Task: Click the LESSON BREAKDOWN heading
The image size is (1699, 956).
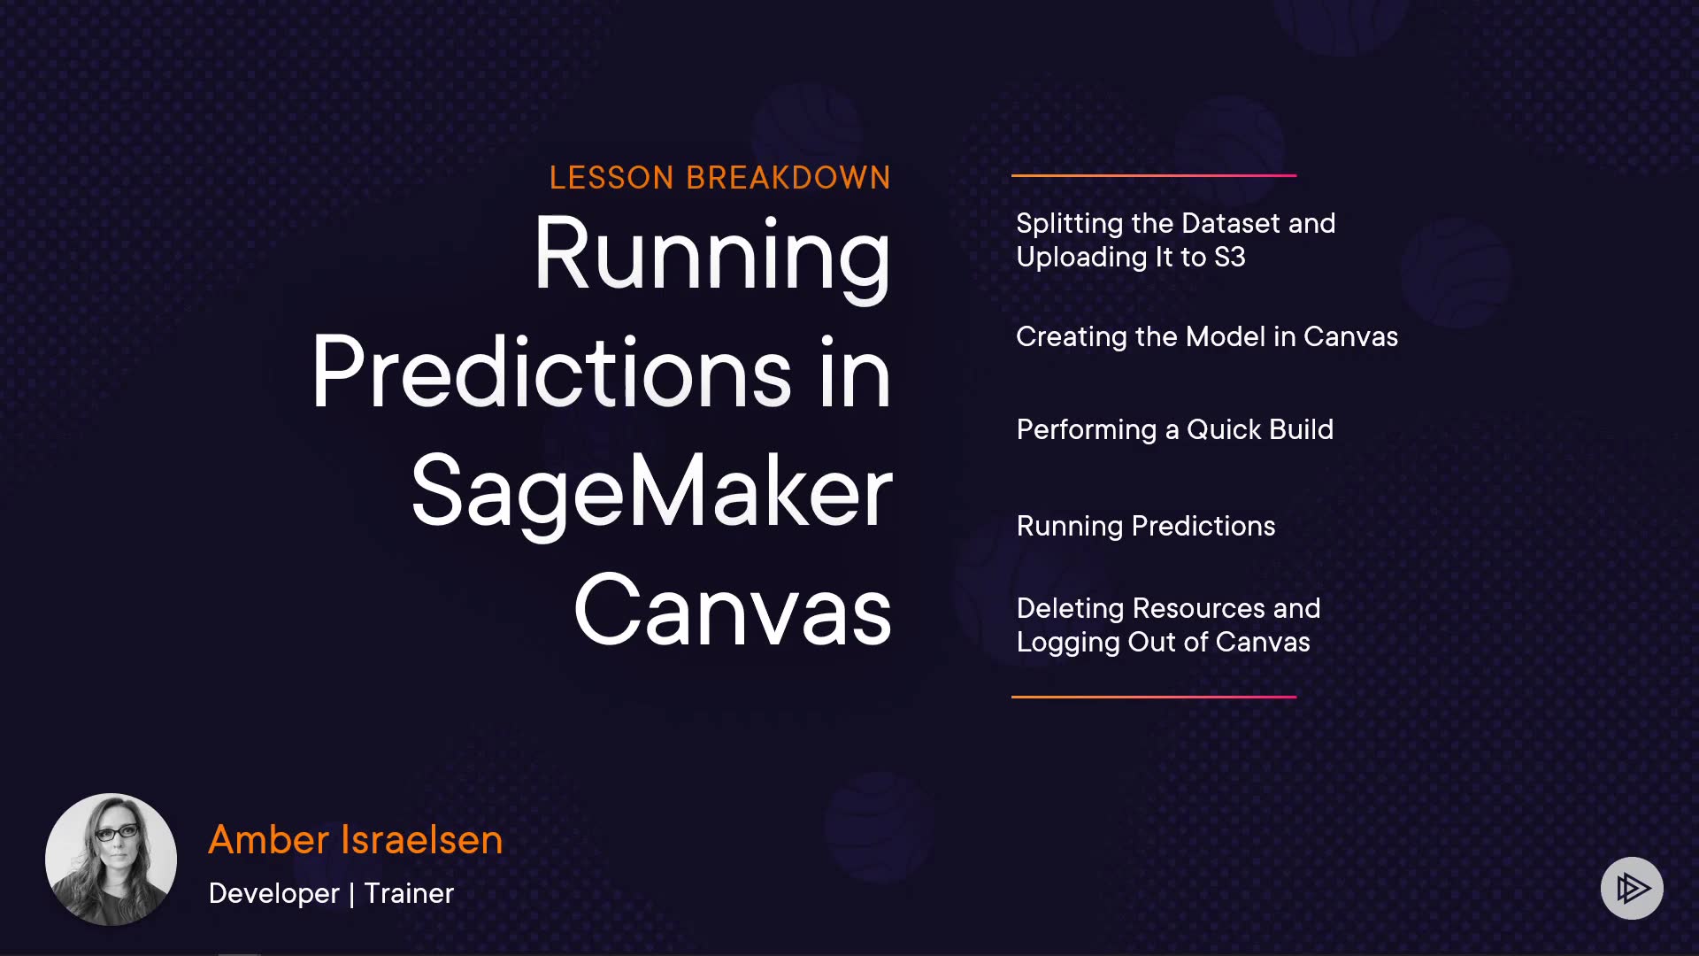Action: (719, 178)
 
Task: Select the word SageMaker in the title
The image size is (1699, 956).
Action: (652, 493)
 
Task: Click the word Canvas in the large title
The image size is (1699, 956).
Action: (733, 610)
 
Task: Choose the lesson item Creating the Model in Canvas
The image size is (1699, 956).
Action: (1207, 336)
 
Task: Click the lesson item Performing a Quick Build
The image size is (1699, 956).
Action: (1175, 430)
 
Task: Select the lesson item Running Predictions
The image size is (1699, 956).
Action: (1146, 527)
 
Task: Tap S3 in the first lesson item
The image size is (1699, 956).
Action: (1230, 257)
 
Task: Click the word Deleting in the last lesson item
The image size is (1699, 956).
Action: (1070, 609)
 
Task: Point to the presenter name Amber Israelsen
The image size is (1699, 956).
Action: (355, 839)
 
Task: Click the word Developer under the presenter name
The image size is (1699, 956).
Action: (274, 894)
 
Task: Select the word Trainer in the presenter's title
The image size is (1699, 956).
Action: (409, 893)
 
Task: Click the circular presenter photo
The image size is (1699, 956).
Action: (111, 860)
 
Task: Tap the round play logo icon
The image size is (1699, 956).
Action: (1632, 888)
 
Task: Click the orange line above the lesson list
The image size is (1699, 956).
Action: (1154, 175)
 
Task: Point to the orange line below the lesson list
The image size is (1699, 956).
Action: (1154, 697)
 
